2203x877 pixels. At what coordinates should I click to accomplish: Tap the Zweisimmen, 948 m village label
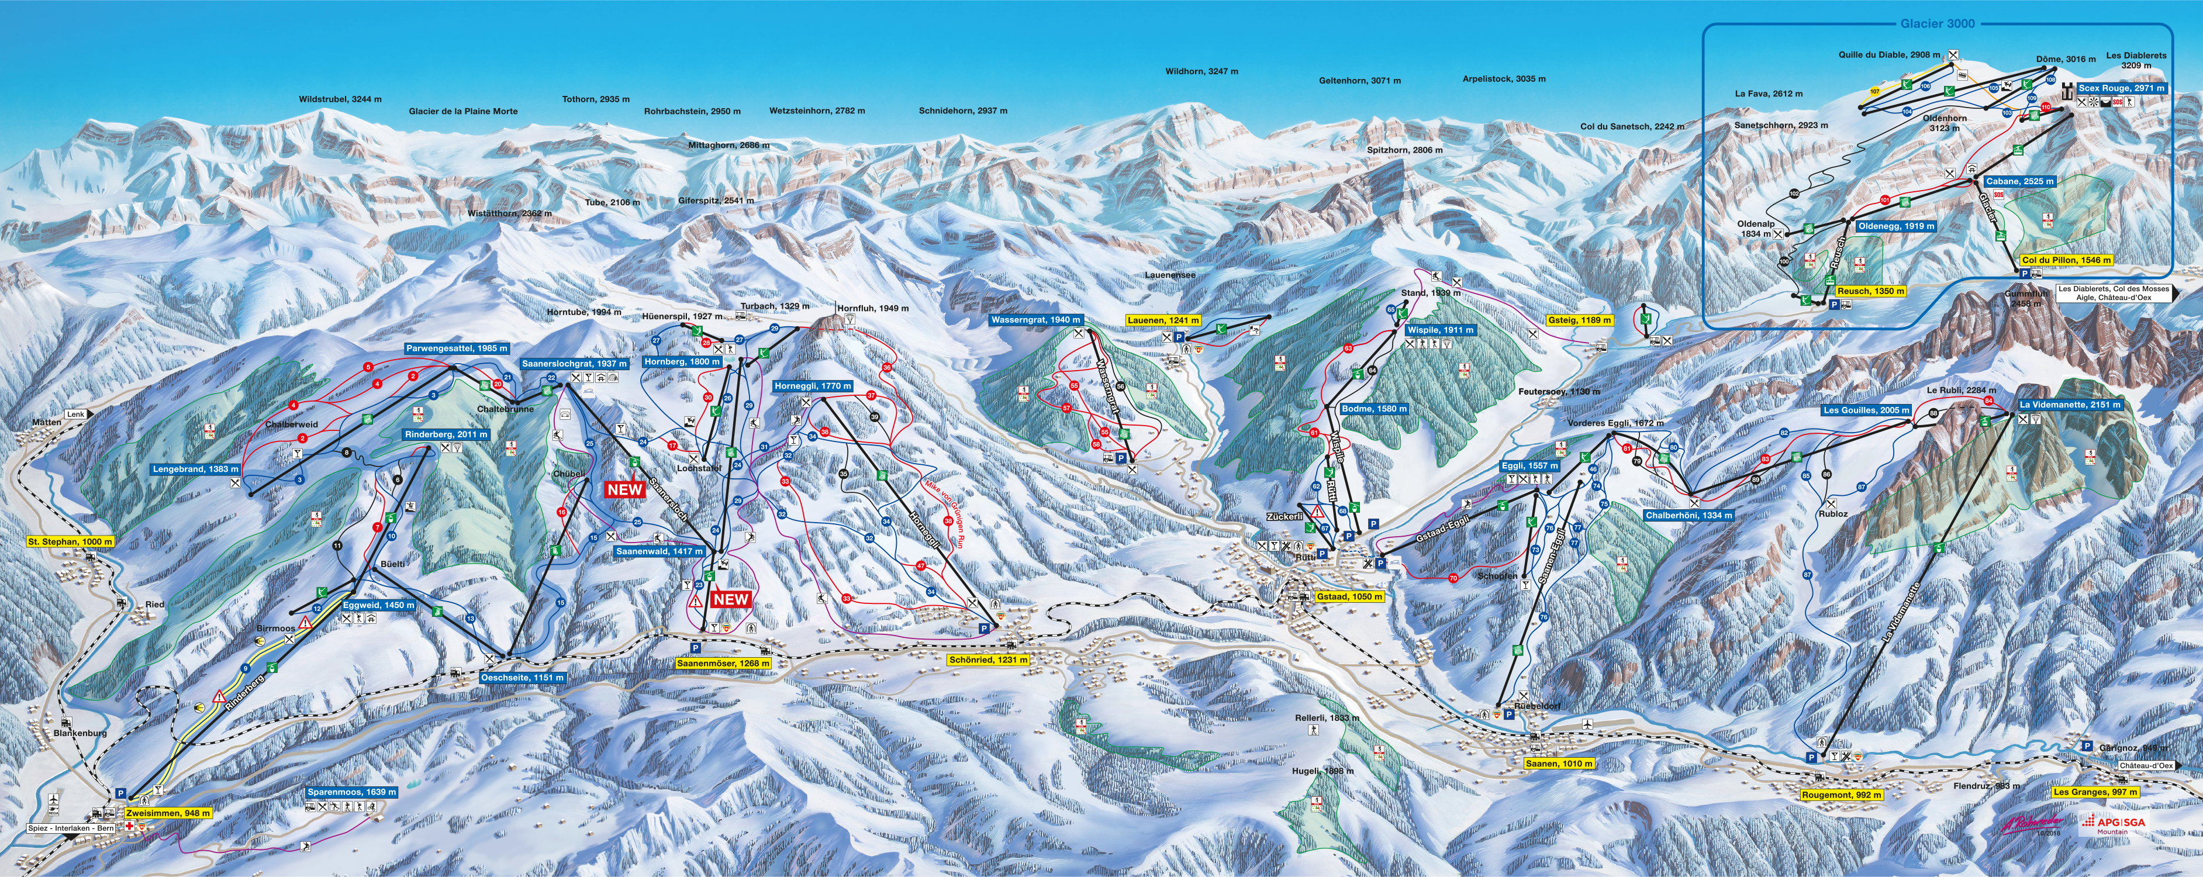coord(168,813)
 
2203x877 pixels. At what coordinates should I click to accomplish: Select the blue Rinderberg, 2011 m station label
coord(447,434)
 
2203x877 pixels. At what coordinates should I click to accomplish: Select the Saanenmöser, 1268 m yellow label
coord(723,663)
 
